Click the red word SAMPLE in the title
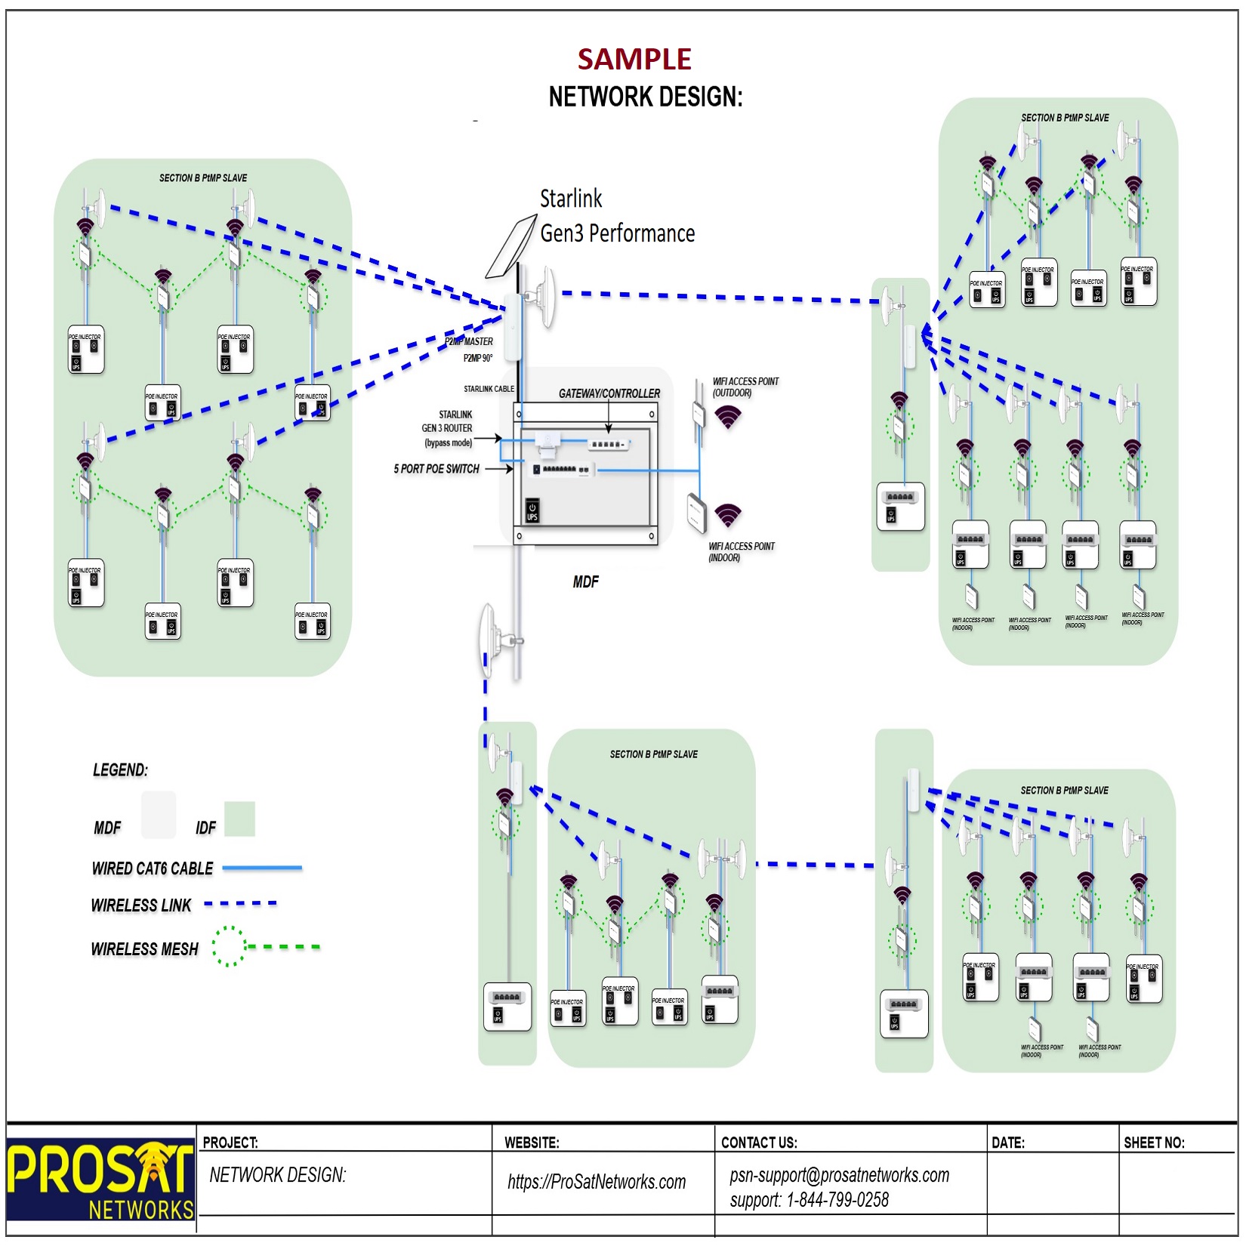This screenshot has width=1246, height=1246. pos(634,59)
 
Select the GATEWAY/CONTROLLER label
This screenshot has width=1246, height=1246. pos(609,393)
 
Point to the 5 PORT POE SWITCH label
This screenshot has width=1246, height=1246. pos(436,469)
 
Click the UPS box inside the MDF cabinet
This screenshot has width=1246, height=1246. pos(532,510)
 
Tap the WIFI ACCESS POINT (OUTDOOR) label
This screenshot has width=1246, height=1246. pos(745,387)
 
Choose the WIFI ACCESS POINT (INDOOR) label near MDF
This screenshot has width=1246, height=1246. pos(741,551)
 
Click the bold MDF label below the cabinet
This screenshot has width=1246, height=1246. pos(585,581)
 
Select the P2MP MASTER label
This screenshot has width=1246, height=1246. pos(469,342)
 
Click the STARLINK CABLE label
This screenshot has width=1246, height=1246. pos(489,389)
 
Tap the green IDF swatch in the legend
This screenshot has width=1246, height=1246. pos(239,819)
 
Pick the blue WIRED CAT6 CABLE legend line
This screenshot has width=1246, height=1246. pos(262,868)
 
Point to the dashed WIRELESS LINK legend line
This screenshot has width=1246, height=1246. pos(240,903)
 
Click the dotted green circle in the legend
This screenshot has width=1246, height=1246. pos(229,946)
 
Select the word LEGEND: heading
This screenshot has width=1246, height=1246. pos(120,769)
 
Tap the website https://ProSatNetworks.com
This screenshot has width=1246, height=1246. pos(597,1182)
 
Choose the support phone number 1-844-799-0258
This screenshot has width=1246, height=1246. pos(837,1200)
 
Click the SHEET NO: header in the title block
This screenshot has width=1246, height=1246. pos(1154,1143)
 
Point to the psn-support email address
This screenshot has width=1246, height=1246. pos(839,1175)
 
